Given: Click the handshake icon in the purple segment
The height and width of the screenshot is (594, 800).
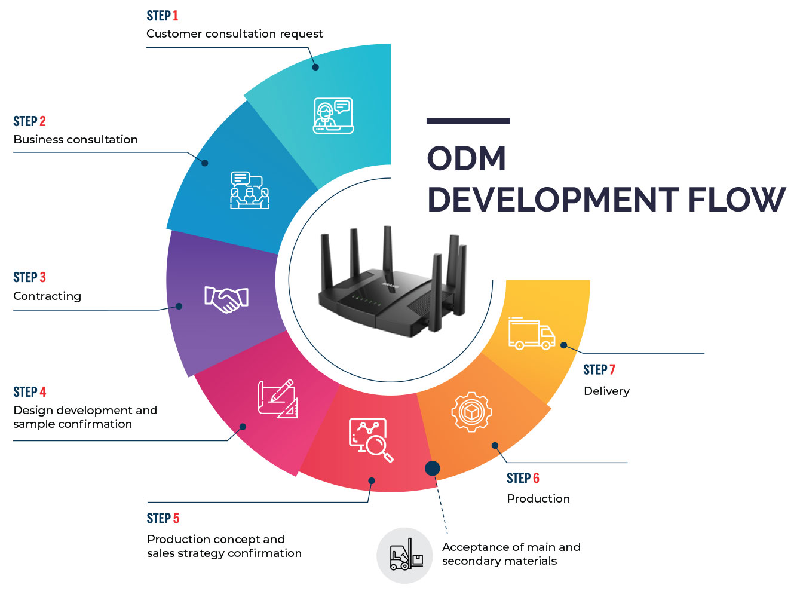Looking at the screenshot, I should point(226,299).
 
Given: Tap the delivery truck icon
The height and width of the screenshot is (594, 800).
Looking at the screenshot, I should point(531,333).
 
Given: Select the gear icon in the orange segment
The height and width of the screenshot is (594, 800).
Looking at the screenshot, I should point(471,412).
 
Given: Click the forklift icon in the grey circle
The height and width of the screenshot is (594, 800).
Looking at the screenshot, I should point(405,556).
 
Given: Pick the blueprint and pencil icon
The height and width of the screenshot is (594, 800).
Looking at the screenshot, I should point(278,399).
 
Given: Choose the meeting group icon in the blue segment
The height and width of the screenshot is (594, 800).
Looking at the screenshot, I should point(249,190).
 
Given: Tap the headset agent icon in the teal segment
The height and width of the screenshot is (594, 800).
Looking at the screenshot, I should point(333,115).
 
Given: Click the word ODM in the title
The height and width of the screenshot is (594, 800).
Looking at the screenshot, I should point(467,159).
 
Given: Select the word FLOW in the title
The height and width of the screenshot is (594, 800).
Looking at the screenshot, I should point(736,200).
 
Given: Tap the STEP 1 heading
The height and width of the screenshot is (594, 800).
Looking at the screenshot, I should point(162,16).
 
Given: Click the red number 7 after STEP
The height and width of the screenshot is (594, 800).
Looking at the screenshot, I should point(612,370).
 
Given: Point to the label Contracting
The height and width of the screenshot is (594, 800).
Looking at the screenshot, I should point(47,296).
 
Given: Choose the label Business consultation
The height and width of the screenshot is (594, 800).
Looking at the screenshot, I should point(75,140).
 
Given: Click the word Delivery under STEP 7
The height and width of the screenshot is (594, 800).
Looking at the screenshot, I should point(606,391).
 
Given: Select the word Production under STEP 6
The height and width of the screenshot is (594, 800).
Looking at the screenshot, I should point(538,499).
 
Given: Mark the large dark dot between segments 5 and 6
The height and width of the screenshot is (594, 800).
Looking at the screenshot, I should point(433,469).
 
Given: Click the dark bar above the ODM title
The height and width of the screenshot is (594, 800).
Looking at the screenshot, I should point(468,121).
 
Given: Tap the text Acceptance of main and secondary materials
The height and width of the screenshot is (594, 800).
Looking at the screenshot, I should point(511,554).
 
